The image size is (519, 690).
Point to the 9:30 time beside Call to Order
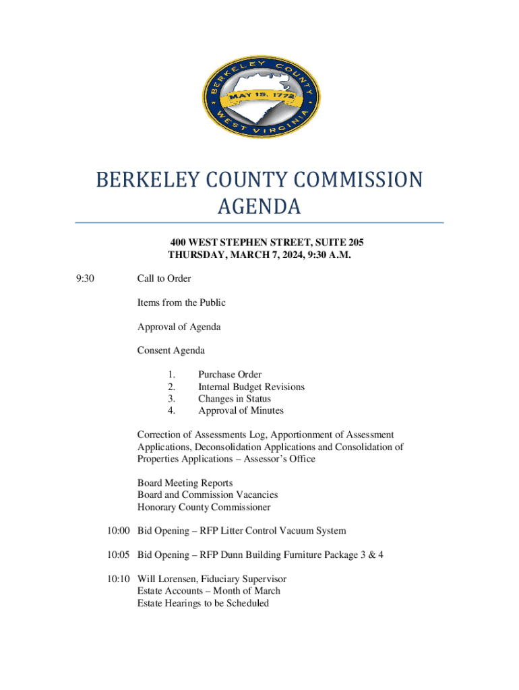[x=85, y=278]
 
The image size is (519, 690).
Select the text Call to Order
[x=164, y=278]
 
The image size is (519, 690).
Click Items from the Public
[x=181, y=303]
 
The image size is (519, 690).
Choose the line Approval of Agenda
[x=179, y=327]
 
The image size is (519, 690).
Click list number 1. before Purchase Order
[x=172, y=375]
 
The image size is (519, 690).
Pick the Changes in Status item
[x=234, y=399]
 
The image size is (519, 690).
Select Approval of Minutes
[x=241, y=410]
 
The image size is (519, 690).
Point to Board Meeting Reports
[x=185, y=483]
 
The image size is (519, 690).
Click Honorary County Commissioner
[x=204, y=507]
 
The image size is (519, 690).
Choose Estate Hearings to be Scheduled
[x=203, y=603]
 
